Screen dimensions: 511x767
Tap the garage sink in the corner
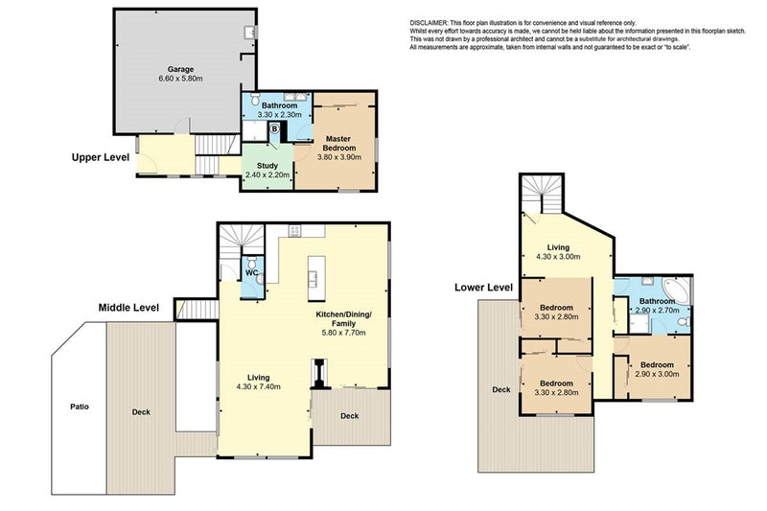249,33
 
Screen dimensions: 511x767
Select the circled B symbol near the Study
274,128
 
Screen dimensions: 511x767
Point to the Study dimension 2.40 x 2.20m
267,175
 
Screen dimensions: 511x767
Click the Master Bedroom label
338,144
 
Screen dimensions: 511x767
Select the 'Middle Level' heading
128,308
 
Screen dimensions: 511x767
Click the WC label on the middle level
251,273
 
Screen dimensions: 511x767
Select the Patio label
80,406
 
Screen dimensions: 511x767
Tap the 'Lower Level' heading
484,286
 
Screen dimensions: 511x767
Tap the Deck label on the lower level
500,389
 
